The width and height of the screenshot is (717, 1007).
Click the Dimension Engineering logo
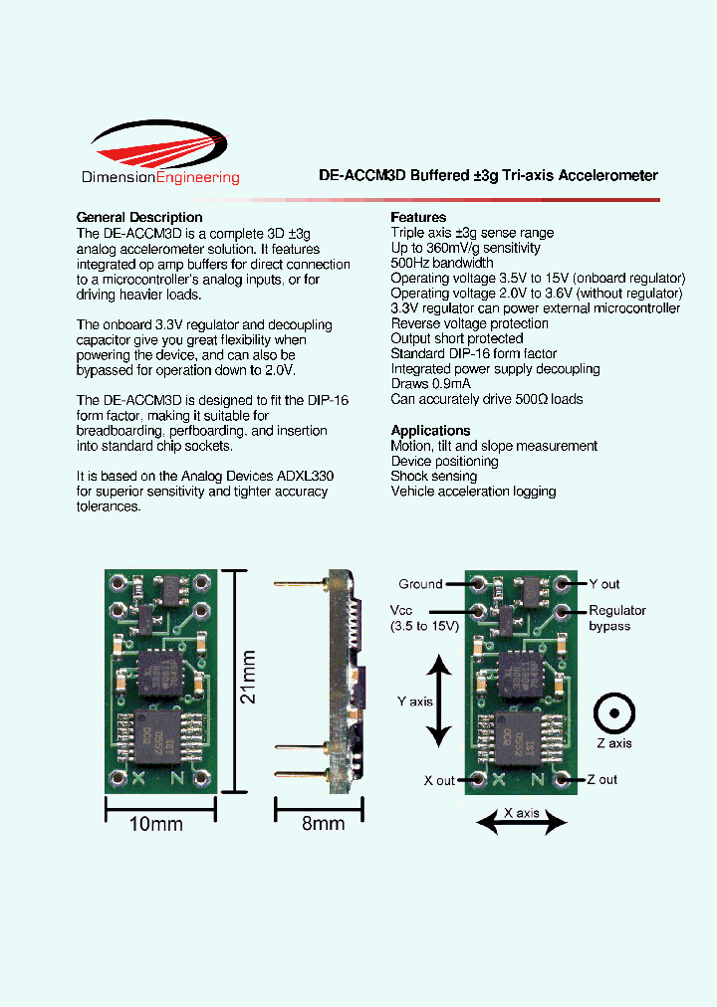pos(159,153)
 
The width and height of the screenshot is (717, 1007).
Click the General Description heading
pos(139,217)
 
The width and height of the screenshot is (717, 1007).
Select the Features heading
pos(418,217)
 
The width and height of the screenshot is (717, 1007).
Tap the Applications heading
pos(430,431)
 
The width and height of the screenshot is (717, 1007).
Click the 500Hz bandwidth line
pos(442,263)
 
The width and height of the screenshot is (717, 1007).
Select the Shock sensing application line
pos(434,477)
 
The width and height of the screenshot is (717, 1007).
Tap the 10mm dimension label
pos(157,824)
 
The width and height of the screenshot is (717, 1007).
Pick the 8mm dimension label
pos(323,824)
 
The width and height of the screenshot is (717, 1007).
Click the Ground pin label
pos(420,584)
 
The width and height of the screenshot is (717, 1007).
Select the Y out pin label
pos(603,584)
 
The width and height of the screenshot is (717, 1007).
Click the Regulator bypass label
pos(616,618)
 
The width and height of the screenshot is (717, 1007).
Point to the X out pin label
pos(439,780)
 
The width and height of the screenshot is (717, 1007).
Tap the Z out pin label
pos(601,780)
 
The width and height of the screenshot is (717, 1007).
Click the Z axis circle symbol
pos(614,713)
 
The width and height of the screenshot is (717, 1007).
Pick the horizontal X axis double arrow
pos(521,822)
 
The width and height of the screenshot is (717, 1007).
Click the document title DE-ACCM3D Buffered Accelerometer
pos(488,175)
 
